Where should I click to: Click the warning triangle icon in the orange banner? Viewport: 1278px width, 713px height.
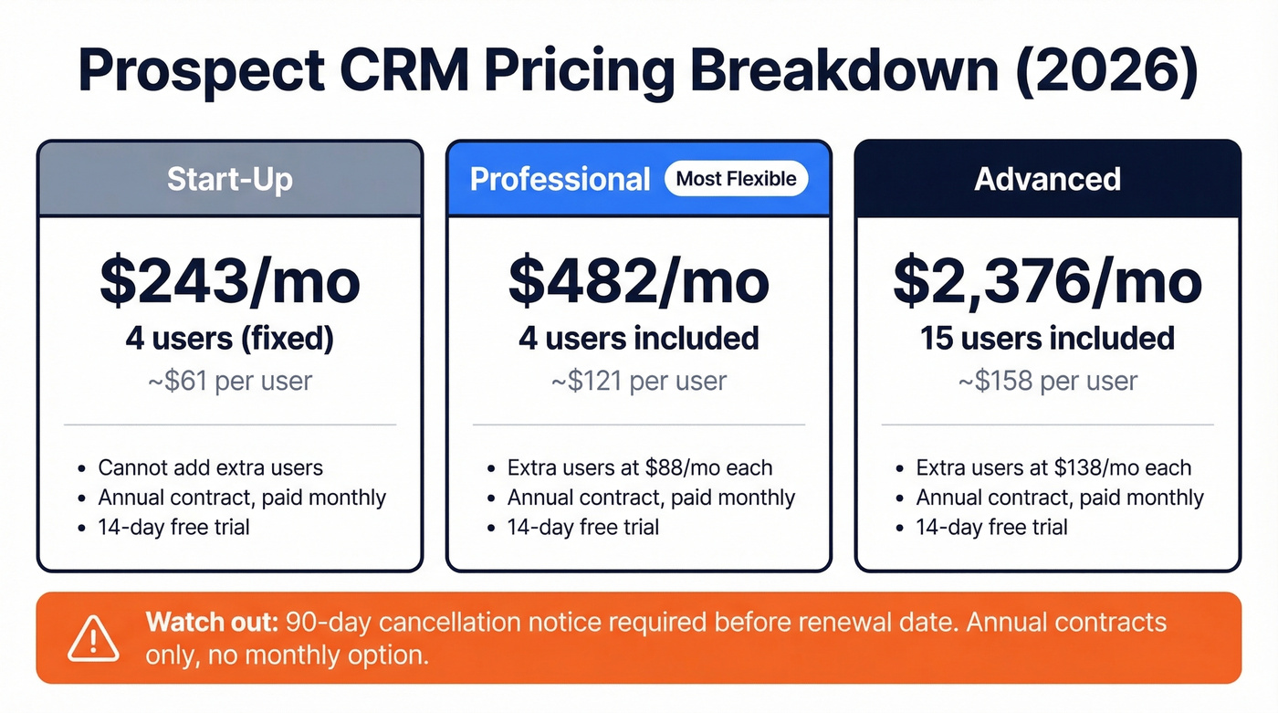[92, 637]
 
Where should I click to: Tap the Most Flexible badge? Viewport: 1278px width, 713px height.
[736, 178]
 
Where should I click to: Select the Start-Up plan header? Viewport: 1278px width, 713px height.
[229, 179]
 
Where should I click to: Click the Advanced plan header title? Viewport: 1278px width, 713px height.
[1047, 179]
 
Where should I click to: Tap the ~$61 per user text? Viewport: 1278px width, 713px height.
[229, 381]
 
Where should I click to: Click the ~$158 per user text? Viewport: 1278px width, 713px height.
[1047, 381]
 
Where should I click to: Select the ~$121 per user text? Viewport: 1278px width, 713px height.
[638, 381]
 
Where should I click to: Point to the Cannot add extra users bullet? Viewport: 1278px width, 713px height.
[211, 468]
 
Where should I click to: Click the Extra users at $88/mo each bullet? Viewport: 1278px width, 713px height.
[640, 468]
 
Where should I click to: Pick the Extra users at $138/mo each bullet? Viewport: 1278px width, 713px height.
[1053, 468]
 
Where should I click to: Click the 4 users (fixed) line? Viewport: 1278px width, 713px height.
[229, 339]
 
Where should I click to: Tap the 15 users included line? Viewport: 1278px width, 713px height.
[1047, 339]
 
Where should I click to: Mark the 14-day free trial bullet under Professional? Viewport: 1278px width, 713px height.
[582, 527]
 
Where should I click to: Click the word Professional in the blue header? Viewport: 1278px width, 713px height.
[560, 179]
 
